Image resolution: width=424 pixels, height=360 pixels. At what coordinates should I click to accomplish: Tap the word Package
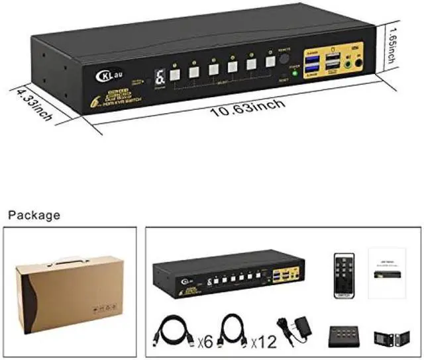pyautogui.click(x=34, y=214)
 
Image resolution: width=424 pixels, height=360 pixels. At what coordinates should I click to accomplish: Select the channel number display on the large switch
pyautogui.click(x=160, y=77)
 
